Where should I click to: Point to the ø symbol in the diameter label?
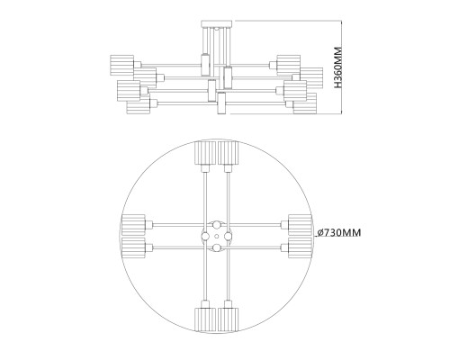pyautogui.click(x=320, y=233)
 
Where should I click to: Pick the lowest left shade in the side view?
pyautogui.click(x=137, y=106)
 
